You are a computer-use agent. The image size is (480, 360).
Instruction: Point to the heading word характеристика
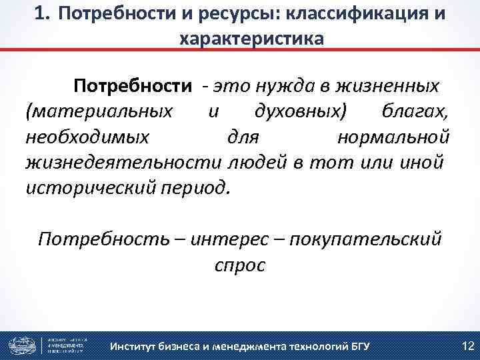click(251, 39)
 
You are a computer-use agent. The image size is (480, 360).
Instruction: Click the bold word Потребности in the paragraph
click(133, 86)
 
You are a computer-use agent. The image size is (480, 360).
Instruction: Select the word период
click(197, 187)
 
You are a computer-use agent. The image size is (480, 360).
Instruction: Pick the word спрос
click(240, 265)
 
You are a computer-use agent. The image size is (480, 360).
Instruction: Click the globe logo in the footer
click(21, 345)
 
